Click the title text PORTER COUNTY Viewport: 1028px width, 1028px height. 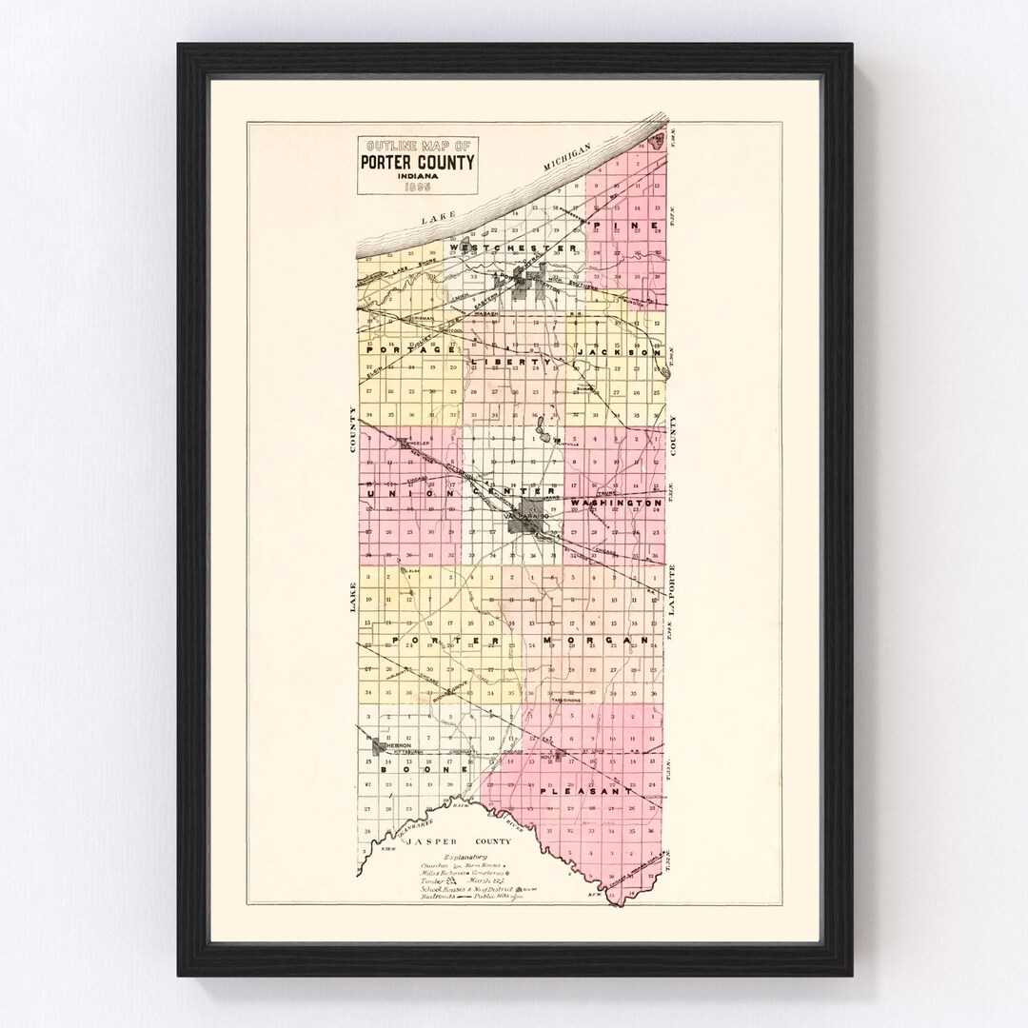pyautogui.click(x=417, y=162)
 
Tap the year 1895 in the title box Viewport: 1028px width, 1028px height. pyautogui.click(x=417, y=188)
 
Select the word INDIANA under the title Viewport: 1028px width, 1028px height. pyautogui.click(x=417, y=176)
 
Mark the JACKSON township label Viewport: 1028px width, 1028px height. pyautogui.click(x=620, y=352)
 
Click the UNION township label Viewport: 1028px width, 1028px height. pyautogui.click(x=397, y=493)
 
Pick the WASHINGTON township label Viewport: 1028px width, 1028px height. pyautogui.click(x=617, y=503)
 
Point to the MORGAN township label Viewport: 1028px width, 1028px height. pyautogui.click(x=600, y=640)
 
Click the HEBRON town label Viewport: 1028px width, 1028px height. pyautogui.click(x=397, y=745)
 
